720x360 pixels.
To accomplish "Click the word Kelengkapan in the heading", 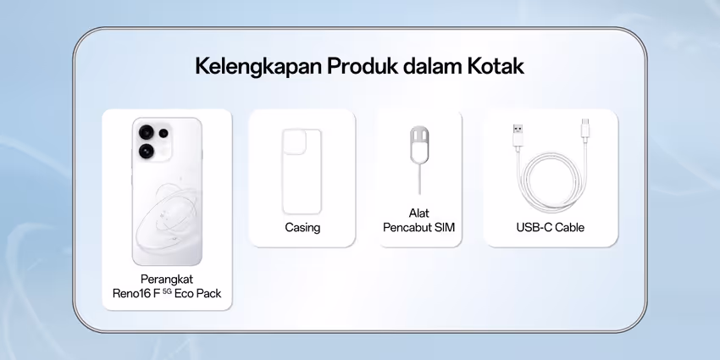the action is pos(258,67).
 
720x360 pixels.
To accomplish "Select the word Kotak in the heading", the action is pos(496,66).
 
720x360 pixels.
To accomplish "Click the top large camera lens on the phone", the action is pos(147,132).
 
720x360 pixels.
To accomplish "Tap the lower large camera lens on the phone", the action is pos(147,151).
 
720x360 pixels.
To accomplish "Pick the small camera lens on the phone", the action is pos(163,134).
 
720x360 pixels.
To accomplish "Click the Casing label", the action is pos(302,227).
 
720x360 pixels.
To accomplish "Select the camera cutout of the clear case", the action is pos(294,141).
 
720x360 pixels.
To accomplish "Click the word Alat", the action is pos(419,213).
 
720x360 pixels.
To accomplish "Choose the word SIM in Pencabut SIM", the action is pos(445,227).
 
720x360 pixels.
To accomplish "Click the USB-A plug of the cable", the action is pos(518,135).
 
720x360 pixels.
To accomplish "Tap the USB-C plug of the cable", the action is pos(585,129).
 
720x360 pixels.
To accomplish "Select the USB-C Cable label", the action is pos(550,227).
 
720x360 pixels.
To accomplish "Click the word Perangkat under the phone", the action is pos(167,280).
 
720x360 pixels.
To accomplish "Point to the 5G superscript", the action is pos(167,291).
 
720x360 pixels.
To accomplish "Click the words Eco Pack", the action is pos(198,293).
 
